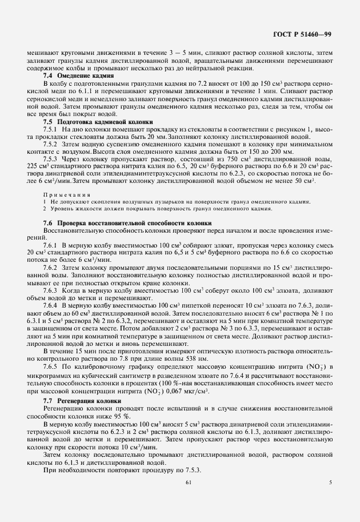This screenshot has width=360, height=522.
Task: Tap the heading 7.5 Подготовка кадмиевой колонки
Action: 98,122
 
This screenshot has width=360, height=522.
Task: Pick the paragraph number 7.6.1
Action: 53,245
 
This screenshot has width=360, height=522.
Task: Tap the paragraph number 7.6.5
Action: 53,365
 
